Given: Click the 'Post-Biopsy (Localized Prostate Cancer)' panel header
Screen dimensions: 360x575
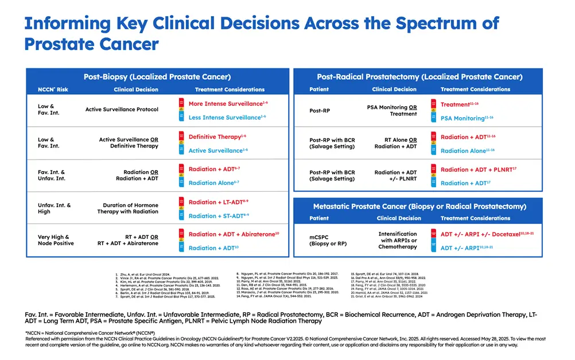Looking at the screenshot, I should pos(157,76).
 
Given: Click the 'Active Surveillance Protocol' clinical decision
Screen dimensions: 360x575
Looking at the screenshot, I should pos(122,109).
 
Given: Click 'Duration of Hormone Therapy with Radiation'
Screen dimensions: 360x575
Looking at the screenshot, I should pos(128,208).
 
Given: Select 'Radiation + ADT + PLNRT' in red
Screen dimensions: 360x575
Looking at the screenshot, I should pos(476,169).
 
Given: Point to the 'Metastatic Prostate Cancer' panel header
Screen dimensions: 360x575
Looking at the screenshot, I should pos(419,206).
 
